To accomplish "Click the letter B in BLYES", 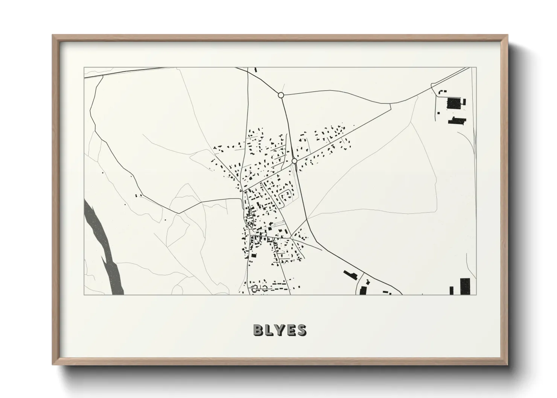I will click(x=259, y=330).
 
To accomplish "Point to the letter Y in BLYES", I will click(x=280, y=330).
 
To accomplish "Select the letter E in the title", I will click(x=290, y=330).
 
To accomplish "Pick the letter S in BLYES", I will click(x=301, y=330).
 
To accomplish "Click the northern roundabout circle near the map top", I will click(x=281, y=95).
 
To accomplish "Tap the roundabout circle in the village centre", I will click(x=294, y=161).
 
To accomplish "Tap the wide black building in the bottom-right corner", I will click(x=466, y=286).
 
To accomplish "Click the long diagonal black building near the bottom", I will click(x=350, y=275).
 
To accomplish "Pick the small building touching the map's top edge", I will click(x=256, y=70).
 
